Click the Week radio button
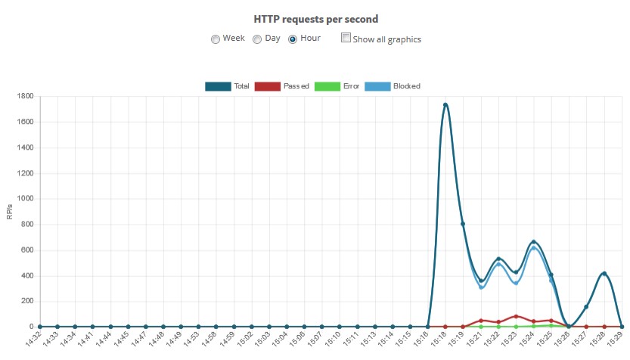[x=216, y=39]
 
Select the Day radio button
[x=257, y=39]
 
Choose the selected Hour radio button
[x=293, y=39]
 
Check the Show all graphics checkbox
[x=346, y=38]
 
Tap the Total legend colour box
[x=218, y=86]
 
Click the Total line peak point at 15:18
[x=445, y=105]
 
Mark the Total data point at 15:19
[x=463, y=224]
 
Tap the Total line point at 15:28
[x=604, y=274]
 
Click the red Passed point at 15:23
[x=516, y=316]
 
